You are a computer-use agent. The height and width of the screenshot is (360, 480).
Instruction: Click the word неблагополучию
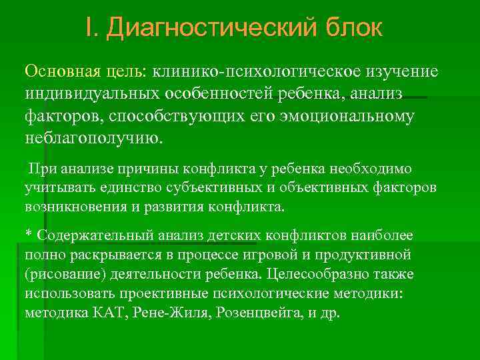pos(93,140)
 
